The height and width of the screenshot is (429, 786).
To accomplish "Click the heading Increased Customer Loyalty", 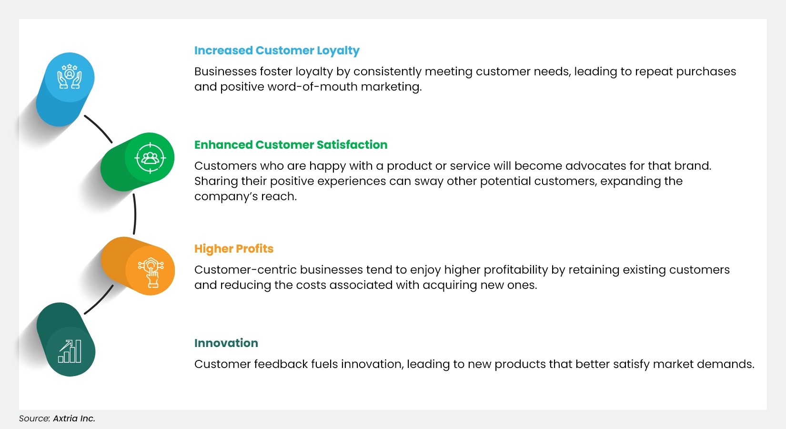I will click(277, 51).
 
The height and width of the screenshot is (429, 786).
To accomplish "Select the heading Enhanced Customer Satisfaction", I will click(291, 145).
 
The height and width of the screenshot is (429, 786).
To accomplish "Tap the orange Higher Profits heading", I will click(233, 249).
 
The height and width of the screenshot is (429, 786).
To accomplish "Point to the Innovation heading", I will click(226, 343).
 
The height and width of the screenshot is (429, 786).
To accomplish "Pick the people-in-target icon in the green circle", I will click(150, 157).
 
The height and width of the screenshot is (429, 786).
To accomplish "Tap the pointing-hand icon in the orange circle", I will click(151, 272).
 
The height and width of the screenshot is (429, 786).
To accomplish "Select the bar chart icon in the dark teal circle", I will click(70, 352).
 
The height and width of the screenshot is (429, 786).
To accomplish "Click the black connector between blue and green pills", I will click(99, 128).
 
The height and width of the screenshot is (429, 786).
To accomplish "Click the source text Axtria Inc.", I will click(74, 419).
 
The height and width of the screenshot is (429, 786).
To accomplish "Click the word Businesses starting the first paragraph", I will click(225, 71).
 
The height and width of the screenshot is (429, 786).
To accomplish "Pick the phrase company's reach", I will click(245, 196).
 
